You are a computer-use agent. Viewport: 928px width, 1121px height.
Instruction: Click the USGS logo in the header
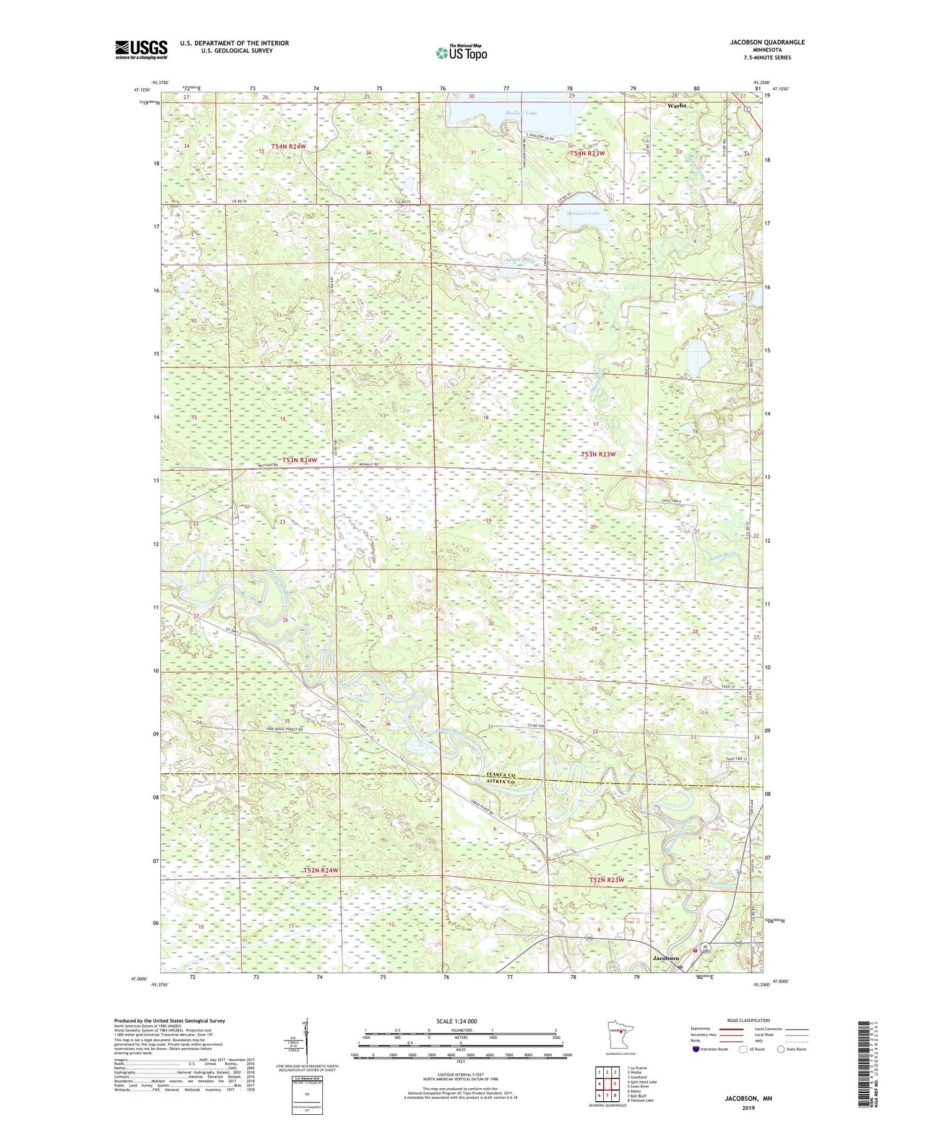pos(141,49)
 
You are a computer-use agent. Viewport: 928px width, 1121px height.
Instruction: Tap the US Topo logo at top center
pos(461,53)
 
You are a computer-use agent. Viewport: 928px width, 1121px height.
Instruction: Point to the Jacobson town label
pos(670,958)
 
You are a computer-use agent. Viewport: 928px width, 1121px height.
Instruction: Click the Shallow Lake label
pos(521,113)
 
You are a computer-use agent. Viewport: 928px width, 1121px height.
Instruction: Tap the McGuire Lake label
pos(583,213)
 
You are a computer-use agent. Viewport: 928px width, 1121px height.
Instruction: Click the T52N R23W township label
pos(606,880)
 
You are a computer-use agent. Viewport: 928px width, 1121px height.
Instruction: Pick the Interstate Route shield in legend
pos(695,1049)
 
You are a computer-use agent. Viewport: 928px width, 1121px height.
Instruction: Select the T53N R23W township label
pos(598,454)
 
